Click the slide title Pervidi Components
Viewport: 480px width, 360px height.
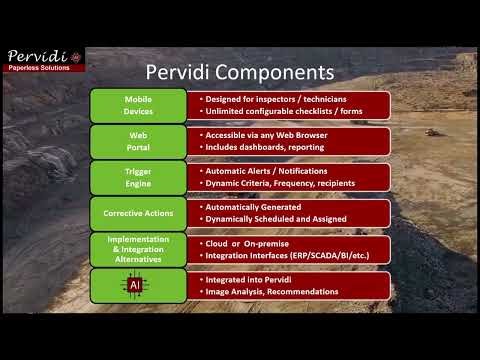(x=239, y=72)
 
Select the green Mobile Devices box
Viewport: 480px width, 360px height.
(x=138, y=105)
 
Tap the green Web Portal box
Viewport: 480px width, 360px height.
(x=138, y=141)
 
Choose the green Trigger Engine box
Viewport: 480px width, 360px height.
(x=138, y=177)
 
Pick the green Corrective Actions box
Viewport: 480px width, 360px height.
(x=138, y=213)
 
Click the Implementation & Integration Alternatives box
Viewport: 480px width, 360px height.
(x=138, y=249)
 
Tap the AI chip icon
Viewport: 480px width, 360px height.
(x=136, y=285)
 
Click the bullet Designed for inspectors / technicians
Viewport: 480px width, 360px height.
(x=269, y=99)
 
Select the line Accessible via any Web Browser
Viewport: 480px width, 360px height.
(x=264, y=135)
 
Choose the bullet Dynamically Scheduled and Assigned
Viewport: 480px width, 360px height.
(x=275, y=219)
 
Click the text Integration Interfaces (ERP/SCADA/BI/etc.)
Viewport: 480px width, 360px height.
(x=283, y=256)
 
